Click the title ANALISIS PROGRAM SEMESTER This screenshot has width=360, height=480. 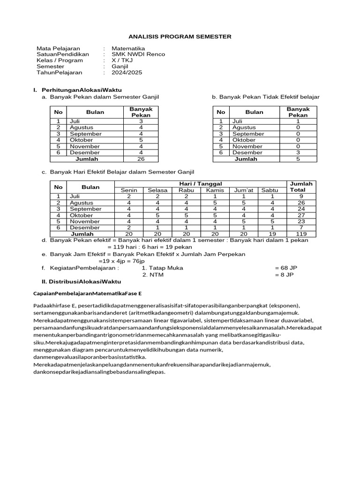[x=180, y=37]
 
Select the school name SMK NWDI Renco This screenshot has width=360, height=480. [x=138, y=54]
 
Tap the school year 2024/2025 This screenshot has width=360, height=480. [x=127, y=73]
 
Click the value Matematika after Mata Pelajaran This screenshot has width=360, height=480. [x=128, y=48]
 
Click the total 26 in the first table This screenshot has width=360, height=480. [x=141, y=159]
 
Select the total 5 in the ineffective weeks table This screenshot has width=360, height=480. [x=298, y=159]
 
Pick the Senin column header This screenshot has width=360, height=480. [x=129, y=190]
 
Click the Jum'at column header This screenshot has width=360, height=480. [x=244, y=190]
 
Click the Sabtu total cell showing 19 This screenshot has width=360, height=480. [x=270, y=233]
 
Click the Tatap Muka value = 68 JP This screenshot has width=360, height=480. [x=286, y=268]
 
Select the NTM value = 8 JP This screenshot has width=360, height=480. [x=284, y=275]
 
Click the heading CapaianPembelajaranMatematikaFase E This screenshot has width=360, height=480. [x=87, y=293]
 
